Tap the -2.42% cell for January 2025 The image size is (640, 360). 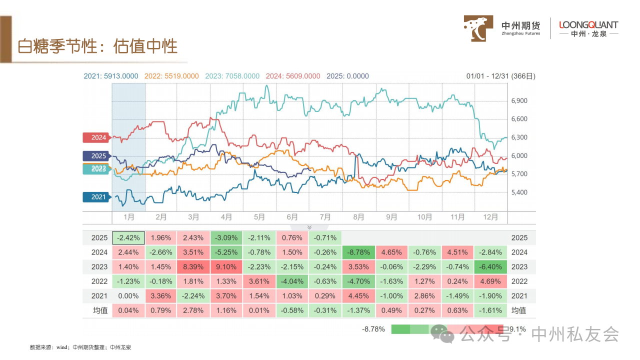tap(128, 238)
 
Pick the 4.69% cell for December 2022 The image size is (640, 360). tap(490, 281)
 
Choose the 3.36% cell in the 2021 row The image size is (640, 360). tap(161, 296)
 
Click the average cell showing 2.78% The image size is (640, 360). tap(194, 310)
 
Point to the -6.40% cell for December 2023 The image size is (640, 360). tap(490, 267)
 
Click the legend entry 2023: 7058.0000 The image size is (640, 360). tap(232, 76)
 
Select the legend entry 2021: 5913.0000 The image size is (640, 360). tap(110, 76)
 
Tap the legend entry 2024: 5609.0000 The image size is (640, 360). tap(293, 76)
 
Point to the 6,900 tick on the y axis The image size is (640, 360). tap(519, 101)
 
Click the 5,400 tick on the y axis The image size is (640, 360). tap(519, 192)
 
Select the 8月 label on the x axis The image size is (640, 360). tap(358, 217)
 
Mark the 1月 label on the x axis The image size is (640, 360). tap(128, 217)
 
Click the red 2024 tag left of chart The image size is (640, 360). tap(97, 137)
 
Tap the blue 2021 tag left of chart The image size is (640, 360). tap(97, 197)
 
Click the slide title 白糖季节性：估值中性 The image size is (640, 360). tap(97, 46)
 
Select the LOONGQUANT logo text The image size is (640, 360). tap(588, 25)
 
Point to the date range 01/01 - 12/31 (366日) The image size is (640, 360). tap(500, 76)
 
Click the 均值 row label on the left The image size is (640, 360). tap(100, 310)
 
